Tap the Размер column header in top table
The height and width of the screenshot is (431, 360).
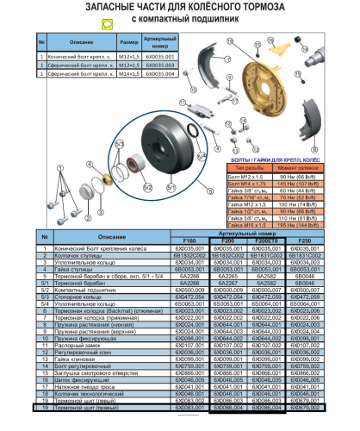pyautogui.click(x=128, y=41)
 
